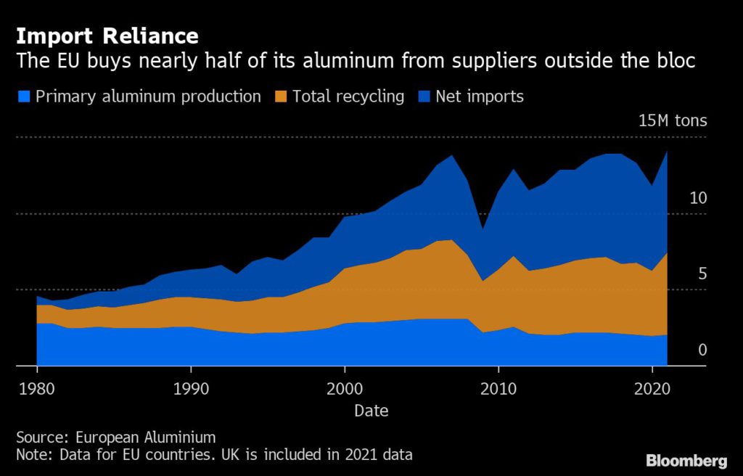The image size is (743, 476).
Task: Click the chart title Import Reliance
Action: point(107,36)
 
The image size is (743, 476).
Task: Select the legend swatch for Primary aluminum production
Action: point(24,97)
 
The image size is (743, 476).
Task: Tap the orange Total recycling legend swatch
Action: point(281,97)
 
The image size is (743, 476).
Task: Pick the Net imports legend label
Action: point(479,97)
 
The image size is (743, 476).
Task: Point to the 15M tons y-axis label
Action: point(672,120)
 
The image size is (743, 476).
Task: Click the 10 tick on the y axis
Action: point(697,197)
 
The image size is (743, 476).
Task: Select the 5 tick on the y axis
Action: point(702,274)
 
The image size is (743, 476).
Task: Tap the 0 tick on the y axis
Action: point(702,350)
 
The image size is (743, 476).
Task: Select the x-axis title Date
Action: point(371,411)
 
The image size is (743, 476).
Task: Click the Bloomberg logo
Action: point(686,461)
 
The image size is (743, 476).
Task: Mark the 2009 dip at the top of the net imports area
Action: point(483,229)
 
